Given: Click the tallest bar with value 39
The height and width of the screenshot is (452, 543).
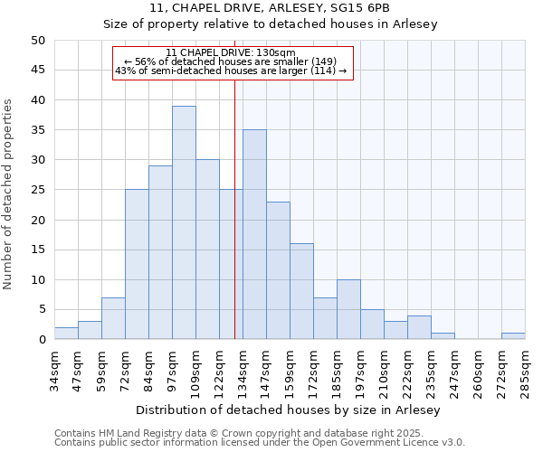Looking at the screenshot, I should pos(184,222).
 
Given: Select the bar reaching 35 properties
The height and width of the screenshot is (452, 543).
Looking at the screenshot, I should pos(254,234).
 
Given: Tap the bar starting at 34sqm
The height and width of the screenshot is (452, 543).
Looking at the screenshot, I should pos(66,334).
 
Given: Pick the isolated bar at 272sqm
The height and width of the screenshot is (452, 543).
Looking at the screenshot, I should pos(513,336).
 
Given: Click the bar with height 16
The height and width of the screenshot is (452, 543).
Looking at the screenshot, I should pos(301,291).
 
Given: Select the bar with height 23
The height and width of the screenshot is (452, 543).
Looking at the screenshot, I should pos(278,270).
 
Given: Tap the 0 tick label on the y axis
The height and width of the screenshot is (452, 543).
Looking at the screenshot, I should pos(41,340).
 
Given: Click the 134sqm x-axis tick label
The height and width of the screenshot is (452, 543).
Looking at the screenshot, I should pos(243,371).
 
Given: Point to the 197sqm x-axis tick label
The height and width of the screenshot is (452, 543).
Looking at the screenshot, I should pos(360,371).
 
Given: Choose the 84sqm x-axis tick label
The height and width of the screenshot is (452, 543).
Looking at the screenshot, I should pos(148,371).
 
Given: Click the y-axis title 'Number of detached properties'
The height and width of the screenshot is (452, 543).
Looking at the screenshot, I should pos(9,194).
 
